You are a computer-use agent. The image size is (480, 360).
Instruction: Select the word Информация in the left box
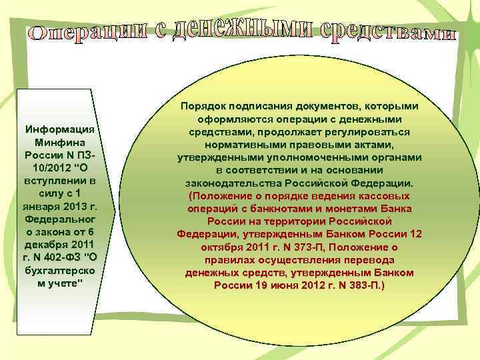61,129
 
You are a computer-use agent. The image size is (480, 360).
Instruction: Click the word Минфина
60,142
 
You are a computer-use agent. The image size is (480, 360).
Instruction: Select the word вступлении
60,181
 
